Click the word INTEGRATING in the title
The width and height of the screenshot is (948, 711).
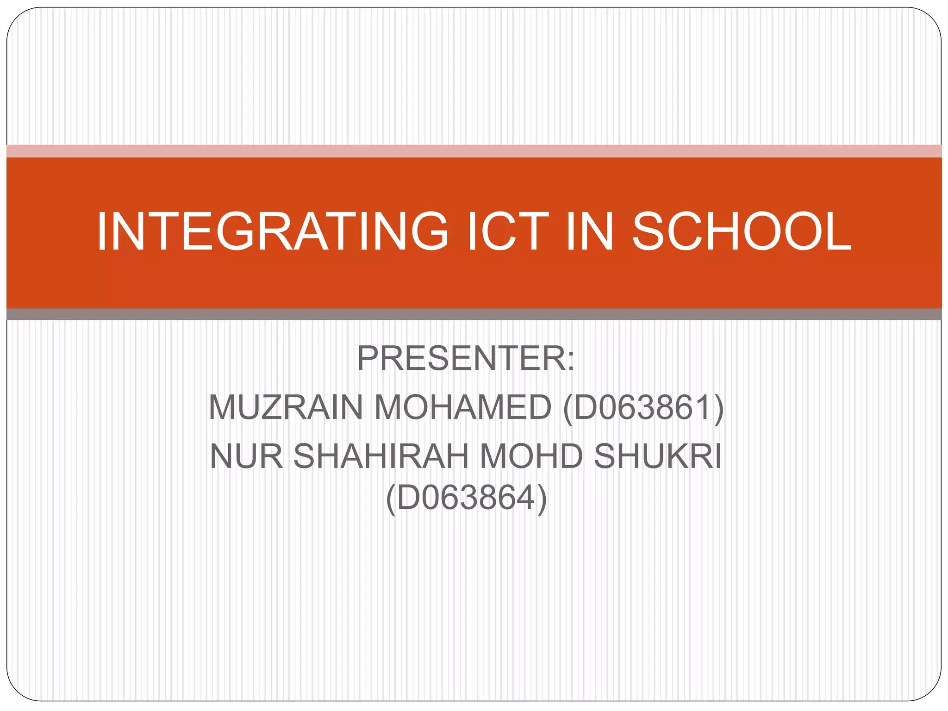point(272,231)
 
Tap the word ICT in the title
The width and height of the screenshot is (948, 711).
point(508,231)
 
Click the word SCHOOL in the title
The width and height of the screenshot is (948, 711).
point(742,231)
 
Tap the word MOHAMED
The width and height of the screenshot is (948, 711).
point(462,407)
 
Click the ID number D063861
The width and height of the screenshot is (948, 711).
point(642,407)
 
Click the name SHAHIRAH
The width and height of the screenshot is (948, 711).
point(381,456)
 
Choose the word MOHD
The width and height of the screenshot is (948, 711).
point(531,456)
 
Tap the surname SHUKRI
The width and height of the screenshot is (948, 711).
point(658,456)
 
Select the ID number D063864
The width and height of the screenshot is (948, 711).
point(466,498)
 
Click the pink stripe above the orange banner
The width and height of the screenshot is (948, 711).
point(474,151)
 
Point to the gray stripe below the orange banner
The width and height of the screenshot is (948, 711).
point(474,314)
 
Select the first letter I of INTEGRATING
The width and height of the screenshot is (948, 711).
point(101,231)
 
